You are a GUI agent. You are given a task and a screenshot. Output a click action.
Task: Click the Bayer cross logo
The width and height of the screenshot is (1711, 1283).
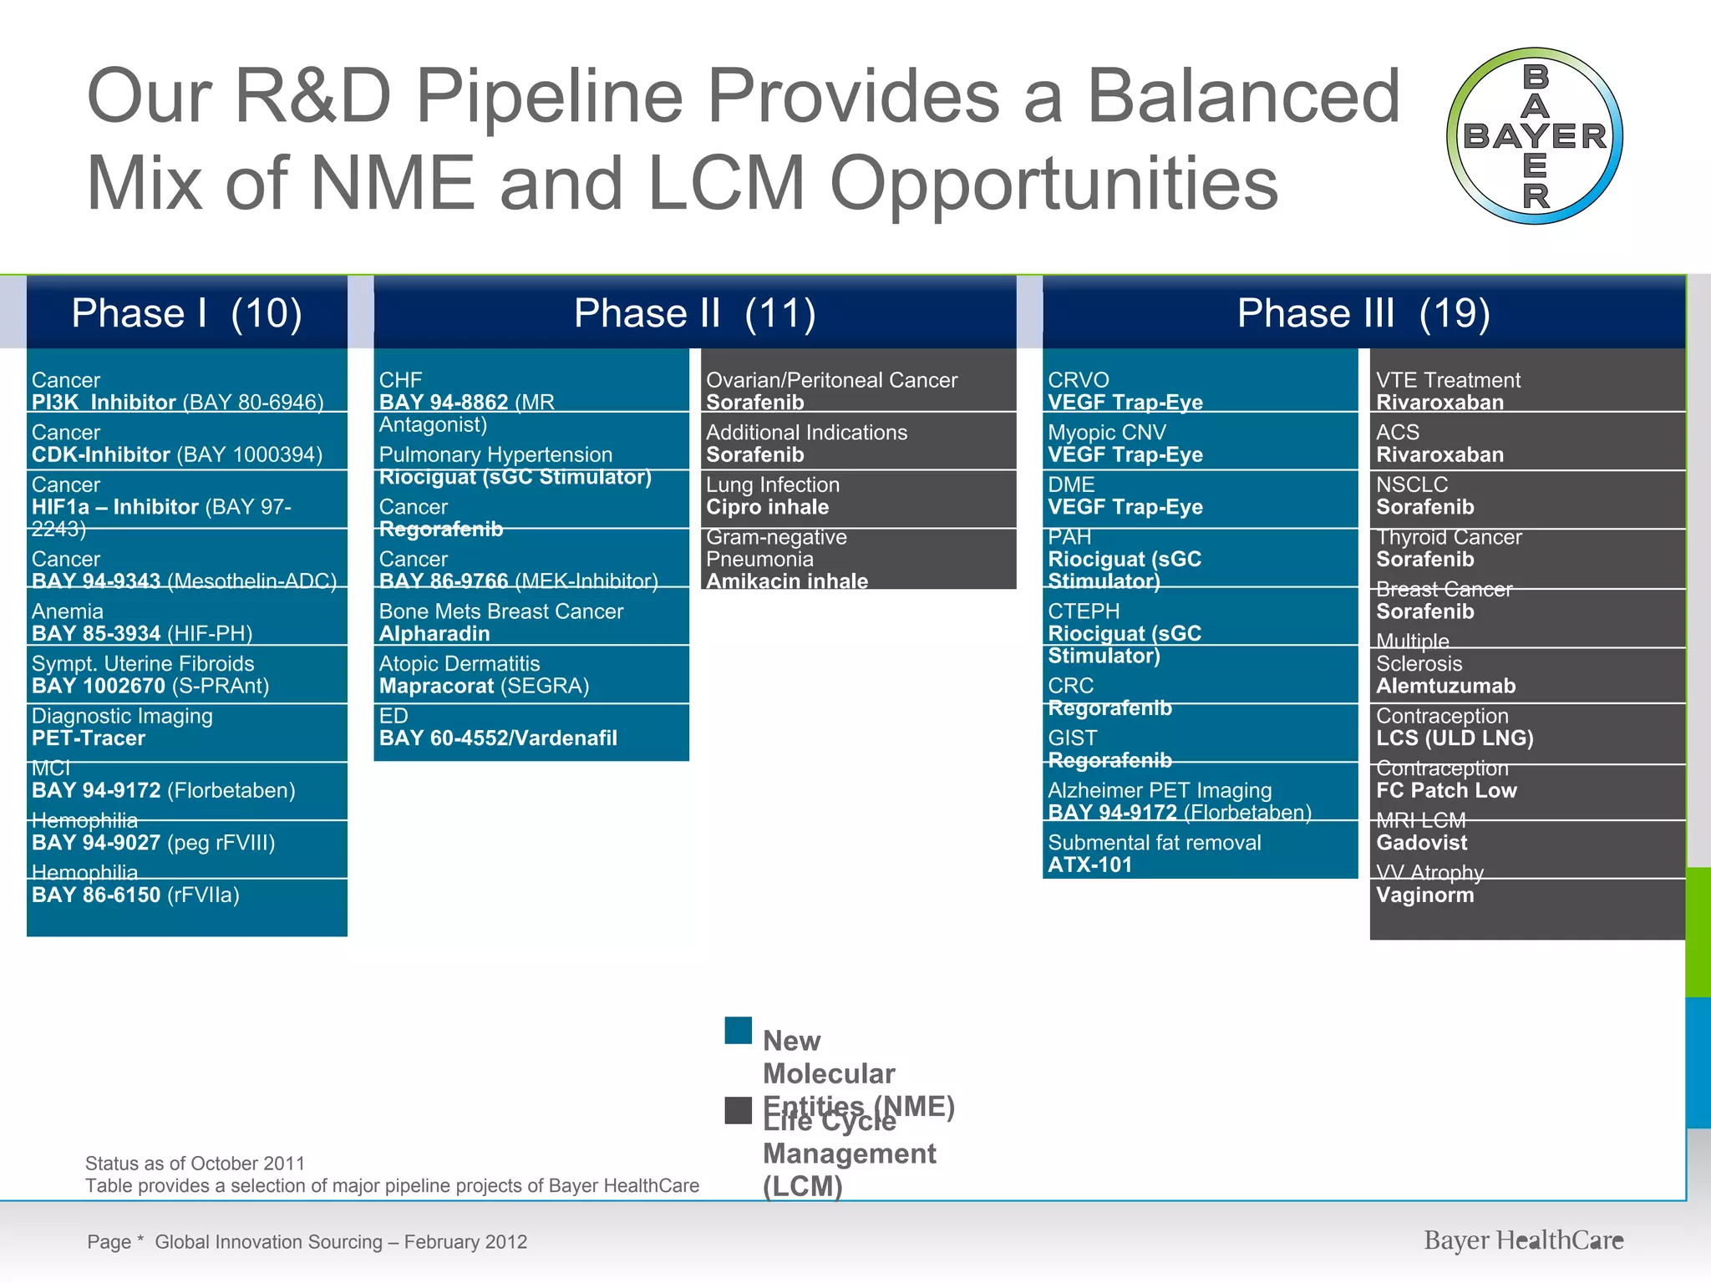point(1535,136)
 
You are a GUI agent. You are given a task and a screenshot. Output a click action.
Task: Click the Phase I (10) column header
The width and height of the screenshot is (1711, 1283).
point(186,313)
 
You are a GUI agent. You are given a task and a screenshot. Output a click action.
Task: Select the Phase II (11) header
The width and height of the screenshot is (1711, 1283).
point(694,313)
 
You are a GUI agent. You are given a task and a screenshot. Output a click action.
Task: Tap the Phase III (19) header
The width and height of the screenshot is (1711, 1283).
point(1363,313)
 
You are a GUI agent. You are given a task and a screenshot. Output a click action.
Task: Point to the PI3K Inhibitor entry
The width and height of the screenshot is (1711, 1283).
point(104,403)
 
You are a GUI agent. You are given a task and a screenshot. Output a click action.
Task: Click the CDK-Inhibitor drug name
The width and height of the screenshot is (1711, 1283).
point(101,455)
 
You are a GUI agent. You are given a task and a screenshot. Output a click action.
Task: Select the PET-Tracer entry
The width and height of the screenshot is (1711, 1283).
point(89,738)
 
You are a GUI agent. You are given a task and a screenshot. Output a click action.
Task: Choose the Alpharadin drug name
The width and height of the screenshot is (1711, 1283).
point(434,634)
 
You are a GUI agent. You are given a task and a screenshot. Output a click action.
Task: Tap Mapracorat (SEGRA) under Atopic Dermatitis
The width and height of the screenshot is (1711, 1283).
point(484,687)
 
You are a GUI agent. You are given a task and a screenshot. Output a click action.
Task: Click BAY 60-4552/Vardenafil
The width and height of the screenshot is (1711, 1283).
point(498,738)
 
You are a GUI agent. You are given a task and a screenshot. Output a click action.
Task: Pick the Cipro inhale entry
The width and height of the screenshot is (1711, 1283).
point(768,508)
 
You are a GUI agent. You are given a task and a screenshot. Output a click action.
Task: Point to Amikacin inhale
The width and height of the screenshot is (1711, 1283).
point(787,581)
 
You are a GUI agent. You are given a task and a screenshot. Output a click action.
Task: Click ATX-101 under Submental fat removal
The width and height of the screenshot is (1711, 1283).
point(1090,865)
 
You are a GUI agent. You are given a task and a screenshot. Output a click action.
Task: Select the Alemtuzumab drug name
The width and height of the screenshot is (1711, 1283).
point(1445,687)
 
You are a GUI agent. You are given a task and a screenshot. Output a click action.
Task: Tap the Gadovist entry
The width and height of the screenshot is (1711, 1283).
point(1422,843)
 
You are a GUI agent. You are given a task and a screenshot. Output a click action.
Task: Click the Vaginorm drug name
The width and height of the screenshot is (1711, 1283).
point(1425,895)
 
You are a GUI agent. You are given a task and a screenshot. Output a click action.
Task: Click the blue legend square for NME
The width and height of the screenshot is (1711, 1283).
point(739,1031)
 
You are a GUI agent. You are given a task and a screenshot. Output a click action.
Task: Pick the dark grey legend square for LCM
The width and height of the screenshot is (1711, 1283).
point(739,1110)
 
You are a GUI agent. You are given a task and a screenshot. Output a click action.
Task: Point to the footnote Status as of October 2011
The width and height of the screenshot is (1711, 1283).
point(195,1164)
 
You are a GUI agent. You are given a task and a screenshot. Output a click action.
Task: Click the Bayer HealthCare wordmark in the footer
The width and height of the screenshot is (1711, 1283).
point(1524,1241)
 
